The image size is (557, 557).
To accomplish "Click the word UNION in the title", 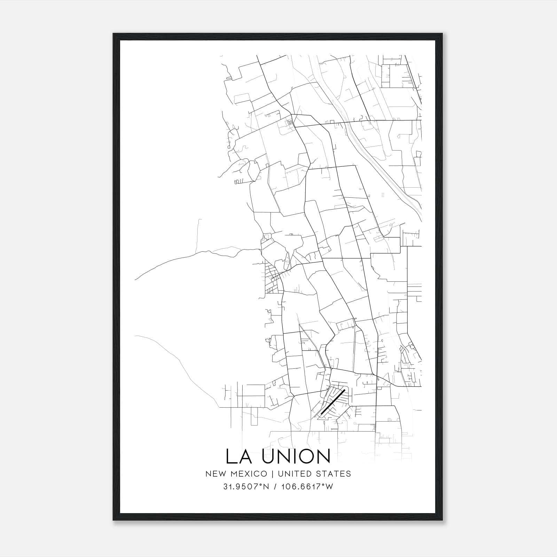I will [x=296, y=456].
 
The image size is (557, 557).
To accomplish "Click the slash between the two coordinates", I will [x=275, y=487].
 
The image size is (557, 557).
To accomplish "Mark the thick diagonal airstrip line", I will [x=332, y=401].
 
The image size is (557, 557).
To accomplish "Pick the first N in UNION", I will [x=278, y=456].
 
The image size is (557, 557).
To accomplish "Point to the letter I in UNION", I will [x=291, y=456].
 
